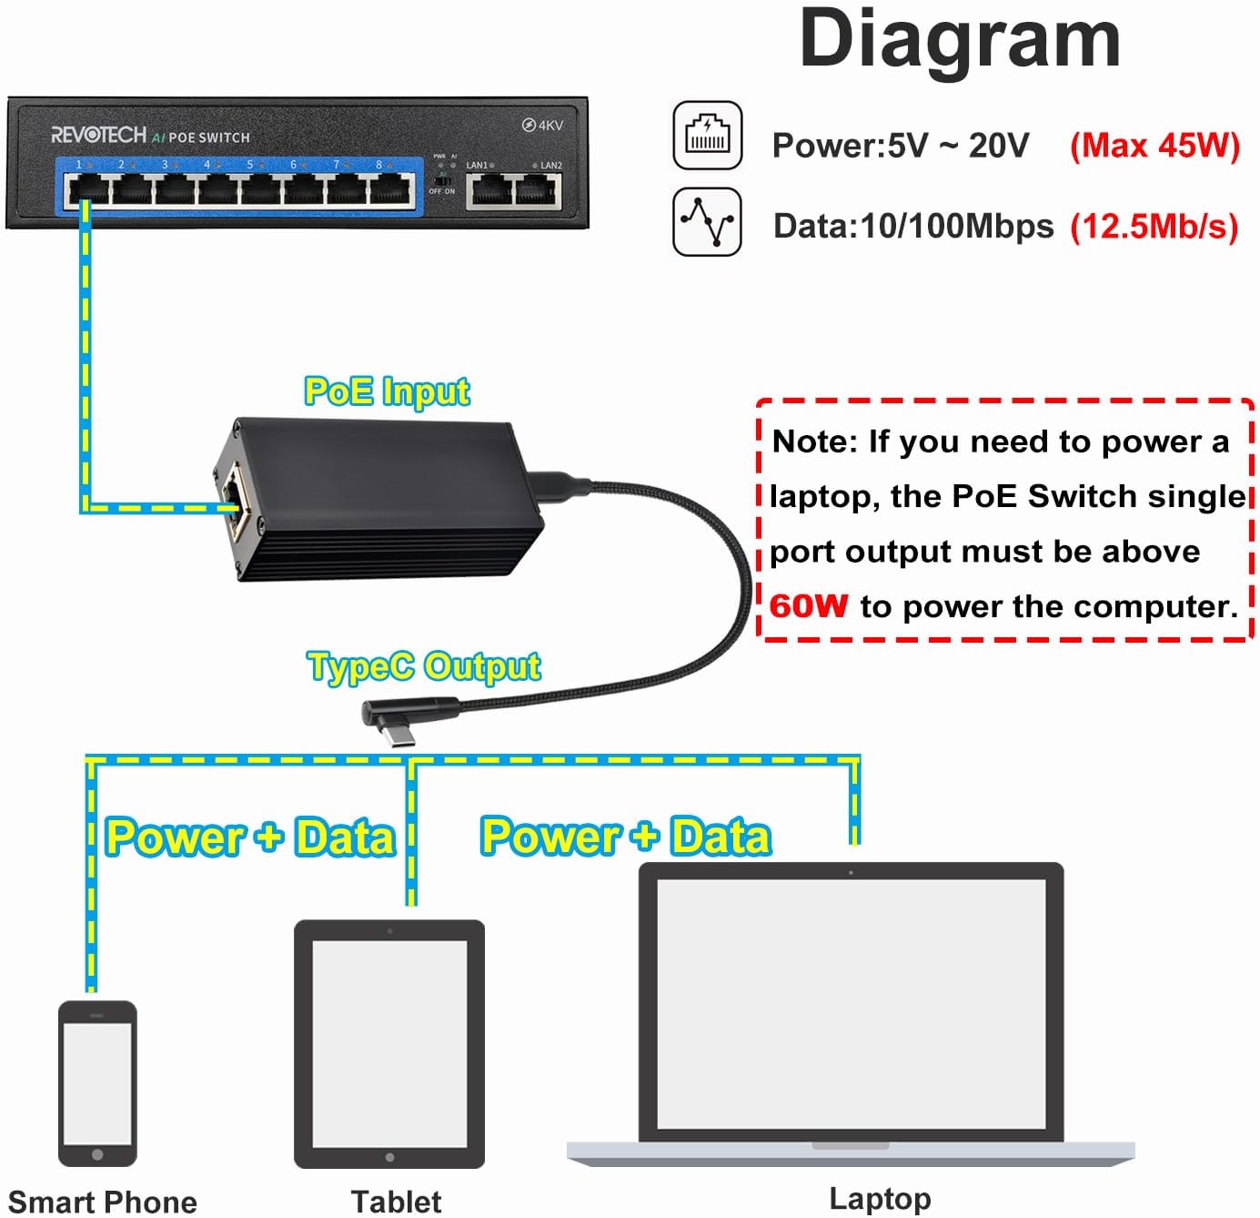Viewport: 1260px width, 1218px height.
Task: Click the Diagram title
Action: tap(959, 39)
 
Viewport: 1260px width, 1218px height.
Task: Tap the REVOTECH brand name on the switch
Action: tap(98, 136)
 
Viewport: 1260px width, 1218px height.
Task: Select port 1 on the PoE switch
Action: tap(86, 189)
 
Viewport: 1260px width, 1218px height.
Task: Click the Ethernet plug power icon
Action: tap(707, 137)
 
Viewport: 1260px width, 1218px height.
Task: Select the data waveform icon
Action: tap(707, 221)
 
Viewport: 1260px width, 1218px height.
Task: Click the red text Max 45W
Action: tap(1154, 146)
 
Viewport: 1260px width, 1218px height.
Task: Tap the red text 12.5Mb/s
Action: tap(1154, 227)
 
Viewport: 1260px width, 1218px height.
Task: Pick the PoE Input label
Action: tap(387, 391)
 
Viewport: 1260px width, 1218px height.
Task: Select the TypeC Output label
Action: tap(424, 666)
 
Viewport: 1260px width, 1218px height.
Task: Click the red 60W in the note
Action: tap(808, 606)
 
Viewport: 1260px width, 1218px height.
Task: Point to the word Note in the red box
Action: tap(813, 442)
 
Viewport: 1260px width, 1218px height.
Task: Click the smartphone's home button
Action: tap(97, 1154)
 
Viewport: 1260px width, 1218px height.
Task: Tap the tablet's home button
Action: tap(389, 1157)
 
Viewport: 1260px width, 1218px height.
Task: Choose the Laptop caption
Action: tap(880, 1199)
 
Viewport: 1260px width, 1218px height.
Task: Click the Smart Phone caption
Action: tap(102, 1202)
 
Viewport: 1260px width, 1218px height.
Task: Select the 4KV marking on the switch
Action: tap(543, 126)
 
